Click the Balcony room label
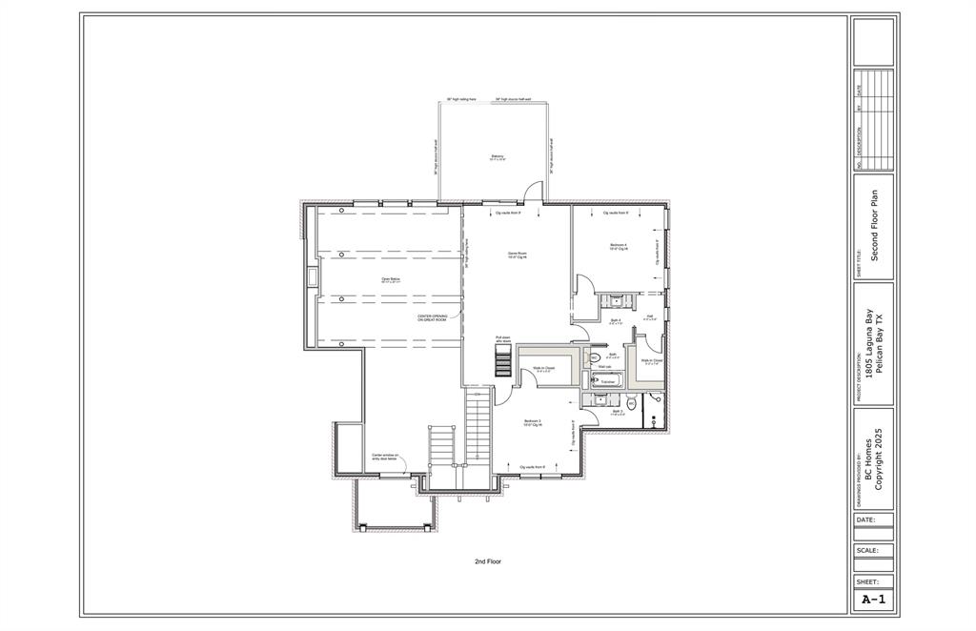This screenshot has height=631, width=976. [x=498, y=157]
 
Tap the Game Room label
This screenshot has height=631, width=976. [x=517, y=254]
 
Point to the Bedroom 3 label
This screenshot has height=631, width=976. [x=533, y=422]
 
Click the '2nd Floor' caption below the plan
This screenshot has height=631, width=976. [x=488, y=561]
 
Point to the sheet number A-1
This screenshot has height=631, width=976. [x=872, y=600]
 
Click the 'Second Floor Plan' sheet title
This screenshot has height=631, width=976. [x=874, y=226]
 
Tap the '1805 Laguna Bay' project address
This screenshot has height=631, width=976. [x=867, y=348]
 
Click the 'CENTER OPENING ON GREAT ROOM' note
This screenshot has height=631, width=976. [x=433, y=318]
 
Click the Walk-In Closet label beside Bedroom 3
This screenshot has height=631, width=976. [x=545, y=369]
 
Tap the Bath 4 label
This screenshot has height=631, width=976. [x=616, y=322]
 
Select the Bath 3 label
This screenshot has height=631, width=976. [x=618, y=413]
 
